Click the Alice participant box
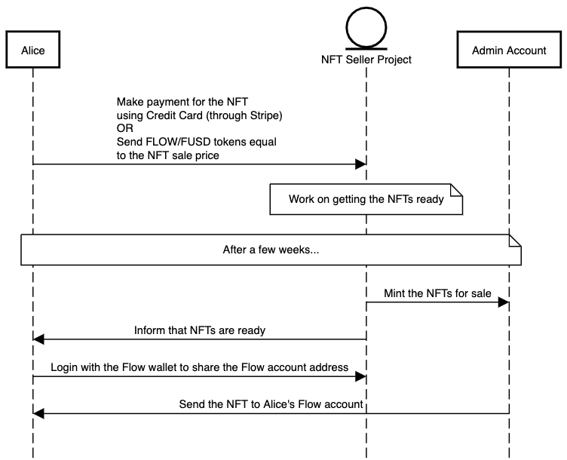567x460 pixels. pos(33,51)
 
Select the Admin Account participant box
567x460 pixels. pos(509,51)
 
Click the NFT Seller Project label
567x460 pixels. pos(366,59)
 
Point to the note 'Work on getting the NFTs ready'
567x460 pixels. pos(366,200)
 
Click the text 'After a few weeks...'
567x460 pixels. pos(271,250)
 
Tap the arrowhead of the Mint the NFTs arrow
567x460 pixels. pos(504,302)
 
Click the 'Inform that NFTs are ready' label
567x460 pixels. pos(200,330)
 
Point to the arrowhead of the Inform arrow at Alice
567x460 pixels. pos(38,339)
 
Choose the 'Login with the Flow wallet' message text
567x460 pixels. pos(200,367)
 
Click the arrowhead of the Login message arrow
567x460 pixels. pos(361,376)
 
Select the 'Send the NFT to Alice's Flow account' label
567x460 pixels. pos(271,404)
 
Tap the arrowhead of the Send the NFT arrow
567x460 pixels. pos(38,413)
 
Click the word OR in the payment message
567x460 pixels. pos(124,128)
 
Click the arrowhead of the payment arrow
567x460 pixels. pos(361,164)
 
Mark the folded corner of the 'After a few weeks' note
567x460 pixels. pos(516,239)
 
